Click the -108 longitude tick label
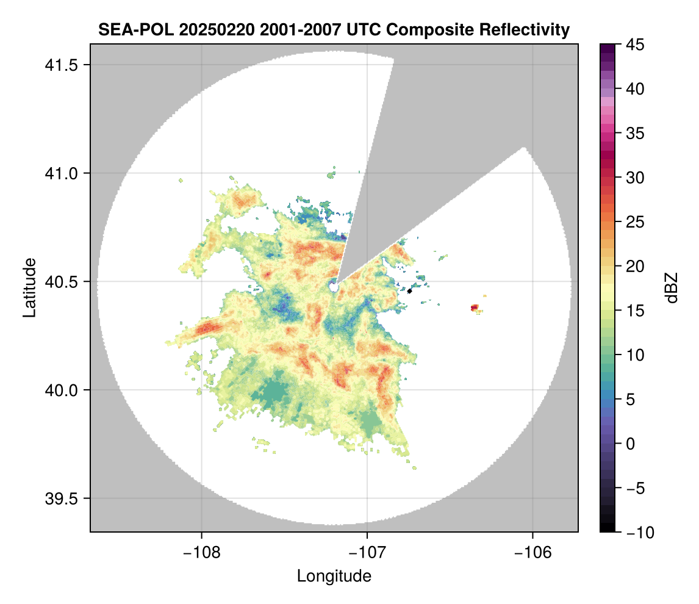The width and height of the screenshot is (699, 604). [201, 553]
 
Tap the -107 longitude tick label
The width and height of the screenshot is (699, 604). [367, 553]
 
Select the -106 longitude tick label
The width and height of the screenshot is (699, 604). [533, 553]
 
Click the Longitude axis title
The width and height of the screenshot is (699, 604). [334, 576]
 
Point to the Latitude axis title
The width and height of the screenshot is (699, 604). [29, 287]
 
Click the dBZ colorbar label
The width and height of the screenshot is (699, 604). [672, 288]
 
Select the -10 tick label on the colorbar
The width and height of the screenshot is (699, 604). [636, 533]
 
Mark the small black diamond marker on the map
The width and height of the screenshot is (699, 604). [410, 291]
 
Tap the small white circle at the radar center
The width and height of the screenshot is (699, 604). [334, 287]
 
